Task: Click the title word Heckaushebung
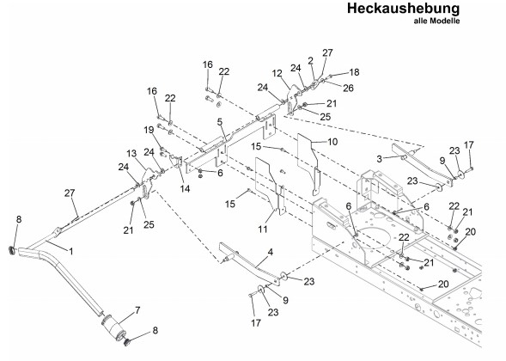(403, 9)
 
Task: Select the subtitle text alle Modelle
(436, 21)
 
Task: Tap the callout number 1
(71, 251)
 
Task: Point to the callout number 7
(137, 310)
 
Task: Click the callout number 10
(332, 142)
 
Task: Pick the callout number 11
(263, 229)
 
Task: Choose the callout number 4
(271, 252)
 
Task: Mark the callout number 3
(380, 158)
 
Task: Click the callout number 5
(220, 122)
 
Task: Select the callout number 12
(277, 73)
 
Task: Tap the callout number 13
(131, 153)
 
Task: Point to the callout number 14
(185, 188)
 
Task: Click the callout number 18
(354, 72)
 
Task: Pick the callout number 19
(149, 130)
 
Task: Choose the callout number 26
(348, 88)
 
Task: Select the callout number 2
(310, 61)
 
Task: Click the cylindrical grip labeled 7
(113, 327)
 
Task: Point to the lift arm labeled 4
(249, 263)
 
